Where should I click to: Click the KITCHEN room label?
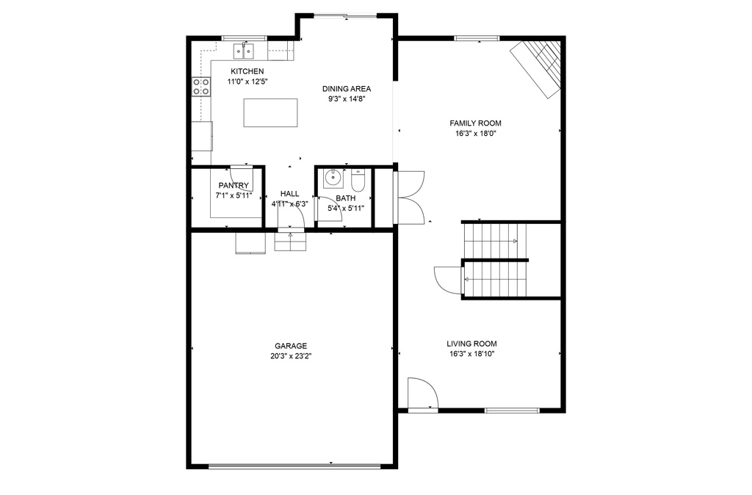[x=247, y=71]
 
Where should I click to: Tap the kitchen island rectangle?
[x=270, y=112]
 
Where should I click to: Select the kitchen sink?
[x=244, y=51]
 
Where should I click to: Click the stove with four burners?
[x=201, y=87]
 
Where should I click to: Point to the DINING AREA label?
[x=347, y=89]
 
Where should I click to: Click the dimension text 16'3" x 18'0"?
[x=475, y=134]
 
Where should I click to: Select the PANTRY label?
[x=234, y=186]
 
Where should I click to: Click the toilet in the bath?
[x=358, y=180]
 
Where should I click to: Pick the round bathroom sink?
[x=333, y=178]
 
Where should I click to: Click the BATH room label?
[x=346, y=198]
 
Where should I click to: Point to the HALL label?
[x=289, y=194]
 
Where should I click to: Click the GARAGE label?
[x=291, y=346]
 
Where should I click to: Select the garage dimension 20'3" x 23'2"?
[x=291, y=356]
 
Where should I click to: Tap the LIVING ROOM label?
[x=472, y=344]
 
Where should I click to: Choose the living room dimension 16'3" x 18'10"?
[x=472, y=355]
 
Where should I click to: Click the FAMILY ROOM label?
[x=475, y=123]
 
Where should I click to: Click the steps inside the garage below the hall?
[x=290, y=242]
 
